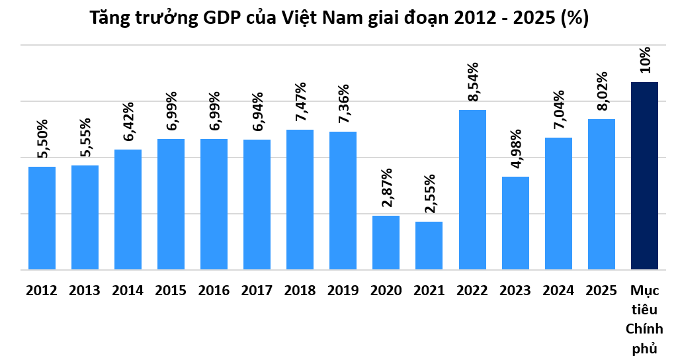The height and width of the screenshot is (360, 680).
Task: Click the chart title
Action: (x=339, y=19)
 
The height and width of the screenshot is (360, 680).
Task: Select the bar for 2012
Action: (x=42, y=218)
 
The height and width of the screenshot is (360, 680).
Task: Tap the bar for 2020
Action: (x=386, y=242)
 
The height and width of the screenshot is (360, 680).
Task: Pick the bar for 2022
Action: (x=472, y=189)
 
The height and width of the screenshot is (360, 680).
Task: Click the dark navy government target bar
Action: (x=644, y=175)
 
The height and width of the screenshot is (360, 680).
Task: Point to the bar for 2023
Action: (x=515, y=223)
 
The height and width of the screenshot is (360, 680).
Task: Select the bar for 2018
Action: (x=300, y=199)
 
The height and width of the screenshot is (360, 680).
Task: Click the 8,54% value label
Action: (x=472, y=83)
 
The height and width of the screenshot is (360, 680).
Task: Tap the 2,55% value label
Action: (x=429, y=195)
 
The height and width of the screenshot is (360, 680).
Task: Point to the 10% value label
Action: (x=644, y=60)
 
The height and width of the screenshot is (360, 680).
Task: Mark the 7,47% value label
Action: (x=300, y=103)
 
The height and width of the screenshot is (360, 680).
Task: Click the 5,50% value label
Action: (x=42, y=140)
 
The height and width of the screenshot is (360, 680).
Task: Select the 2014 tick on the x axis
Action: (x=128, y=290)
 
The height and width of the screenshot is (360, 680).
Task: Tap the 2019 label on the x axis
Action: (x=343, y=290)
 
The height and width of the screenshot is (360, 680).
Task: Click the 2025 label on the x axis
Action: (x=601, y=290)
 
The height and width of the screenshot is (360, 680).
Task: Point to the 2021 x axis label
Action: (x=429, y=290)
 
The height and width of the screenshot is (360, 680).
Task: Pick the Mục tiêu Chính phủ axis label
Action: (x=644, y=320)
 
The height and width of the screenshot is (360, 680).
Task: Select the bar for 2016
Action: (x=214, y=204)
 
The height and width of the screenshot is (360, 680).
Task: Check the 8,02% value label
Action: (x=601, y=93)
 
